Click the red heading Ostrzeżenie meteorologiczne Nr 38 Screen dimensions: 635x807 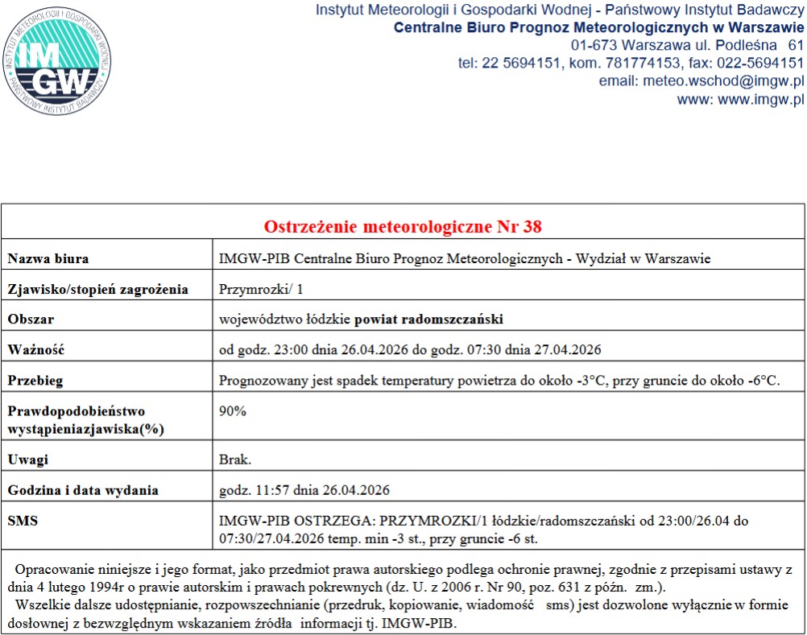point(403,226)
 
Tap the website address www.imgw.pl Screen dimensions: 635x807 point(760,100)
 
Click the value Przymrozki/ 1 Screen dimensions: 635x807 point(262,289)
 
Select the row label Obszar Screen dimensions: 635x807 point(31,320)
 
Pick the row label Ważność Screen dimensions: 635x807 point(35,350)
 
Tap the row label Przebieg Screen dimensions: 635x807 point(35,381)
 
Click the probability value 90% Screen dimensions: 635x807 point(233,411)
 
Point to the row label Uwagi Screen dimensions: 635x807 point(28,460)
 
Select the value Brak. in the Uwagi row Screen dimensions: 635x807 point(235,460)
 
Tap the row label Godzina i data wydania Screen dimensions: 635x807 point(82,490)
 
